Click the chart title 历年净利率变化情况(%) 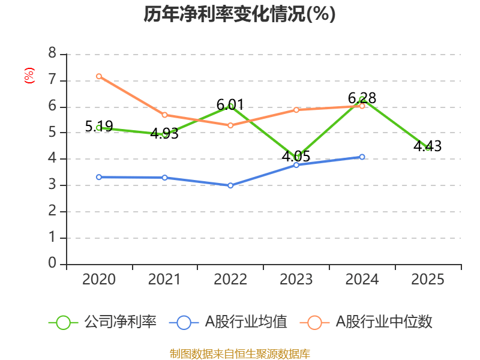pos(239,14)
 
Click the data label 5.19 pos(99,127)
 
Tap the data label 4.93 pos(164,134)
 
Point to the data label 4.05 pos(296,157)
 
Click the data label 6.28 pos(362,98)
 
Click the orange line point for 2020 pos(99,76)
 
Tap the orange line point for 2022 pos(230,125)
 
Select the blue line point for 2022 pos(230,185)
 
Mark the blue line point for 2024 pos(362,157)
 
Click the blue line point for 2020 pos(99,177)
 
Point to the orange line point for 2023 pos(296,110)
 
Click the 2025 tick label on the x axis pos(427,280)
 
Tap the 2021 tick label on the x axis pos(164,280)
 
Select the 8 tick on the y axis pos(52,54)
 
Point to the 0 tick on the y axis pos(52,263)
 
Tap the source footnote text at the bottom pos(239,353)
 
